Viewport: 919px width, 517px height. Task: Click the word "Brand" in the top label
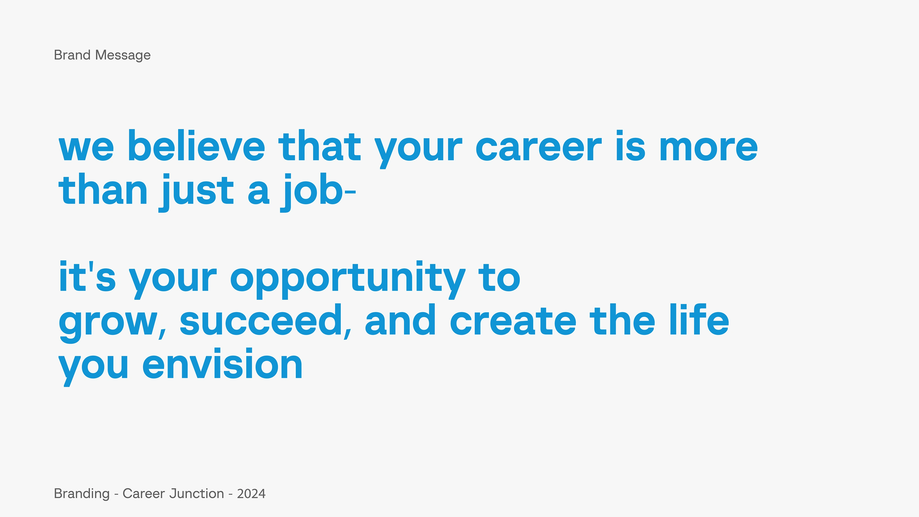coord(72,55)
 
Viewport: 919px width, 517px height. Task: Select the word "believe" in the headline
coord(196,145)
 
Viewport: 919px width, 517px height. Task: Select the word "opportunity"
coord(348,280)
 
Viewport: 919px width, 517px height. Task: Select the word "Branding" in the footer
coord(82,494)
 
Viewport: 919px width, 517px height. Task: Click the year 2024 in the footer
coord(251,494)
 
